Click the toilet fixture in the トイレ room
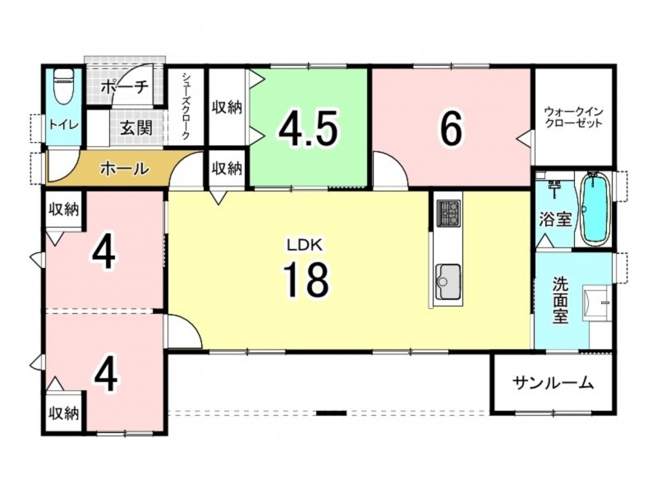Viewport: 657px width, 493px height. pos(63,87)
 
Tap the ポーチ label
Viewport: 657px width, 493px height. pos(125,87)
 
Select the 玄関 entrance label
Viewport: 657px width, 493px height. pos(136,127)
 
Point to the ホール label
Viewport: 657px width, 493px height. pos(125,168)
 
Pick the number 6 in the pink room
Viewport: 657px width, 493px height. pos(451,128)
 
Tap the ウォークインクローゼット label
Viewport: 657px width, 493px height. pos(573,117)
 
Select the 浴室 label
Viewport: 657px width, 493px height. pos(555,219)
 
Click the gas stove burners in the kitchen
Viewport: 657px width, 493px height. pos(448,213)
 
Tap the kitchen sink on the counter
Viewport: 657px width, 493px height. pos(448,282)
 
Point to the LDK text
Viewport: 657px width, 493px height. pos(305,244)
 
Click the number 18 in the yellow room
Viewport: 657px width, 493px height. pos(306,279)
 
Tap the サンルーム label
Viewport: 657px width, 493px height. pos(553,382)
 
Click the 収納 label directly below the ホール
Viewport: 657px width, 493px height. pos(64,209)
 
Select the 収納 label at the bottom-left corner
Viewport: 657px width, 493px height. pos(64,413)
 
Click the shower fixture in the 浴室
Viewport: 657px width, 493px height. pos(554,188)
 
